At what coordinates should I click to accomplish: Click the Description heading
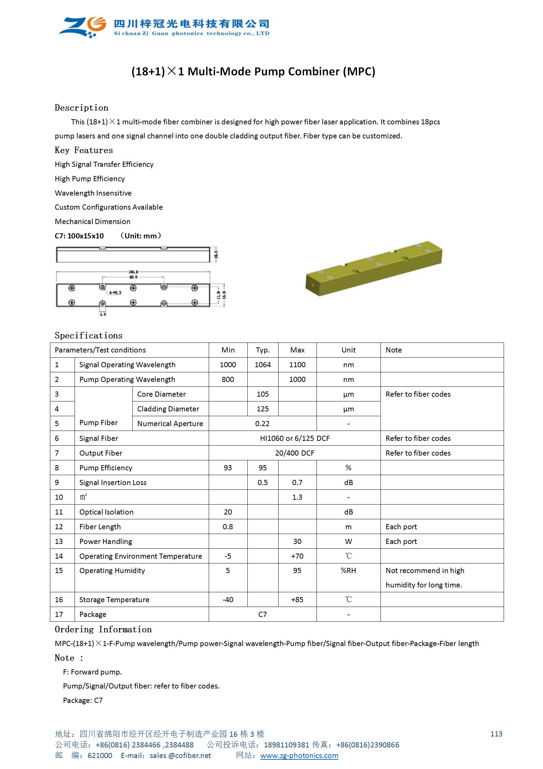coord(81,108)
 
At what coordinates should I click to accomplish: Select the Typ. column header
coord(263,350)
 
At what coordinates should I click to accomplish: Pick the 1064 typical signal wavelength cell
coord(263,365)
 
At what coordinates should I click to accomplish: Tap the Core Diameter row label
coord(161,394)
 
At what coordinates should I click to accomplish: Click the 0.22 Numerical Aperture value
coord(262,424)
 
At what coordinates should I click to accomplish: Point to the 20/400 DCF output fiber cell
coord(295,453)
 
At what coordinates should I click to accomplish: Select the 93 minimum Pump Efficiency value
coord(228,468)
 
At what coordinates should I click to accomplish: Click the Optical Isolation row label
coord(106,512)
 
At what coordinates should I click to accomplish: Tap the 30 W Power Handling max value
coord(297,542)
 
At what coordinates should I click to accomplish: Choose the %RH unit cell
coord(348,571)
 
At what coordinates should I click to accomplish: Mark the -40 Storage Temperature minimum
coord(228,600)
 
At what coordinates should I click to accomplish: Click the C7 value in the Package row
coord(262,615)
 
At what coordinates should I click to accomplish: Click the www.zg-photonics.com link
coord(299,756)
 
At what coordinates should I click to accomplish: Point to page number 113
coord(496,734)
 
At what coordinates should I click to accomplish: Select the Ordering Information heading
coord(103,630)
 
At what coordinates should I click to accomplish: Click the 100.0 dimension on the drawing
coord(133,272)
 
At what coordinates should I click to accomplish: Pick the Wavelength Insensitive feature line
coord(93,193)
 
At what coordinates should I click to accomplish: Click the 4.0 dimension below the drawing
coord(103,314)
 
